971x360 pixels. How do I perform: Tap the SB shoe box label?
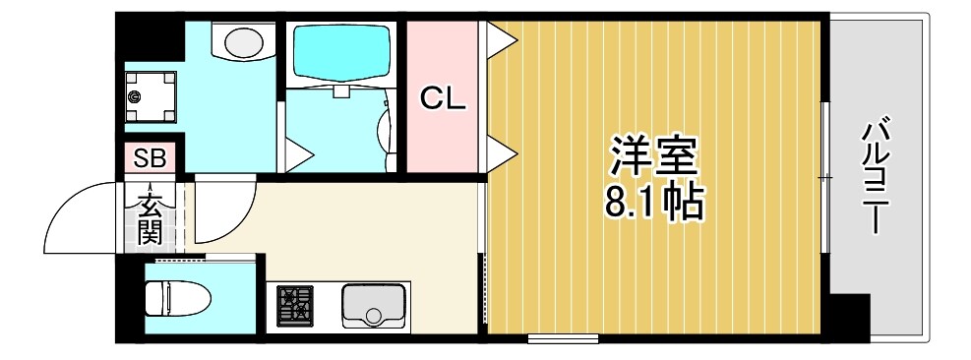point(150,157)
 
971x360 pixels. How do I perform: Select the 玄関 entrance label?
point(150,219)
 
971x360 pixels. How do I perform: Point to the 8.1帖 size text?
point(653,203)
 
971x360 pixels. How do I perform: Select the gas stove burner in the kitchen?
point(293,307)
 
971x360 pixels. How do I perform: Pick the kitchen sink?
point(375,306)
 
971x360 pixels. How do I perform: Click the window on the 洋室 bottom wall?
point(563,339)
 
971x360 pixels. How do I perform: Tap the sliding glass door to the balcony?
point(823,177)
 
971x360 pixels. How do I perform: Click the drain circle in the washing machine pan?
point(135,96)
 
